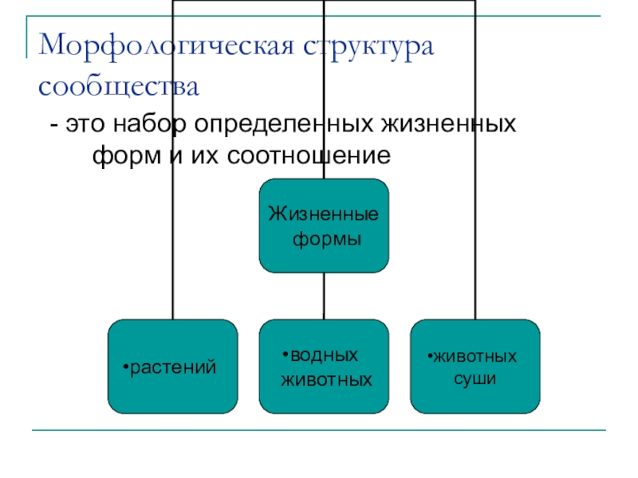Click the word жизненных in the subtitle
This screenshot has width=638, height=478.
(x=451, y=125)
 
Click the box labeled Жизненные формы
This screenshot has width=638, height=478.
(x=324, y=225)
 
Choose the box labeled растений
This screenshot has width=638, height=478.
(x=174, y=366)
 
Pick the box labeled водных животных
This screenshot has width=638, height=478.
(x=324, y=366)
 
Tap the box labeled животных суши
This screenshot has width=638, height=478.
(x=475, y=366)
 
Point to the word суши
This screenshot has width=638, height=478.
(x=475, y=379)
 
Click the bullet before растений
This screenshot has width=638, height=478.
(x=125, y=368)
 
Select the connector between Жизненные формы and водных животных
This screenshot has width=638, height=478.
(x=324, y=296)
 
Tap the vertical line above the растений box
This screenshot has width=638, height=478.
(x=173, y=239)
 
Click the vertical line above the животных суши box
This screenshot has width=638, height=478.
(x=475, y=239)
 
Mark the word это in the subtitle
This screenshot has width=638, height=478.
(x=87, y=125)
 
